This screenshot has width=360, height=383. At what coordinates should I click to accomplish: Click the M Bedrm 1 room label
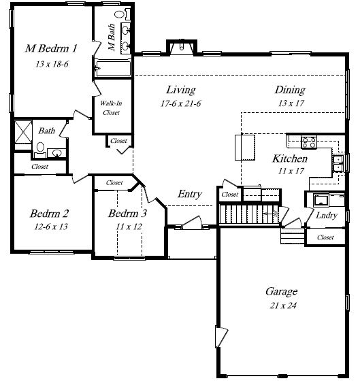click(x=51, y=48)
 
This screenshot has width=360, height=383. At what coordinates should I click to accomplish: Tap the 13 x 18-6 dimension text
click(x=52, y=64)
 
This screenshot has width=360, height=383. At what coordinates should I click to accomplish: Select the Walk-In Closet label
click(x=111, y=107)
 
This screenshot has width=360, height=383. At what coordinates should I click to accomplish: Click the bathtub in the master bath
click(x=113, y=68)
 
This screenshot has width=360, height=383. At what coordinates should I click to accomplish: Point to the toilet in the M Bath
click(x=123, y=14)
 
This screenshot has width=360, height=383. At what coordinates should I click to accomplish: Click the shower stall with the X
click(x=23, y=132)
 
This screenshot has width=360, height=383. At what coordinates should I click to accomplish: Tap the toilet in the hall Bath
click(x=40, y=150)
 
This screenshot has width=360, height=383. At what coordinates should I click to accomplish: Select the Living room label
click(x=181, y=90)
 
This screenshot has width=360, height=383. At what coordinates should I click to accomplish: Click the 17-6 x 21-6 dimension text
click(x=180, y=103)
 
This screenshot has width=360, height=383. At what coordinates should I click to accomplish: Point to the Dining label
click(x=290, y=90)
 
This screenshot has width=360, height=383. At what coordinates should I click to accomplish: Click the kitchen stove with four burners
click(x=309, y=142)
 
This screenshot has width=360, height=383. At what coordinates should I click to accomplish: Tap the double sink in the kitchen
click(x=338, y=164)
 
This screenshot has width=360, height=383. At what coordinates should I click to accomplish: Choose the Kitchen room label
click(x=290, y=159)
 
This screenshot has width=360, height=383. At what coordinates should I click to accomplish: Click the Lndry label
click(x=327, y=216)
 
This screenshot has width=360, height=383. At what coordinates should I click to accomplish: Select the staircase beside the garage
click(x=249, y=214)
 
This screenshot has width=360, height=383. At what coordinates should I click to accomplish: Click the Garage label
click(x=282, y=292)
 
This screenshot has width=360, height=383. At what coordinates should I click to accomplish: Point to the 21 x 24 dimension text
click(x=283, y=305)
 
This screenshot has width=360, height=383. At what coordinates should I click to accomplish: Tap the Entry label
click(x=190, y=194)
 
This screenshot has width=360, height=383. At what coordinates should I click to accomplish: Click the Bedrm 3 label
click(x=127, y=214)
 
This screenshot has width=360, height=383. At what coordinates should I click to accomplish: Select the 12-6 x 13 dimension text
click(x=51, y=227)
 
